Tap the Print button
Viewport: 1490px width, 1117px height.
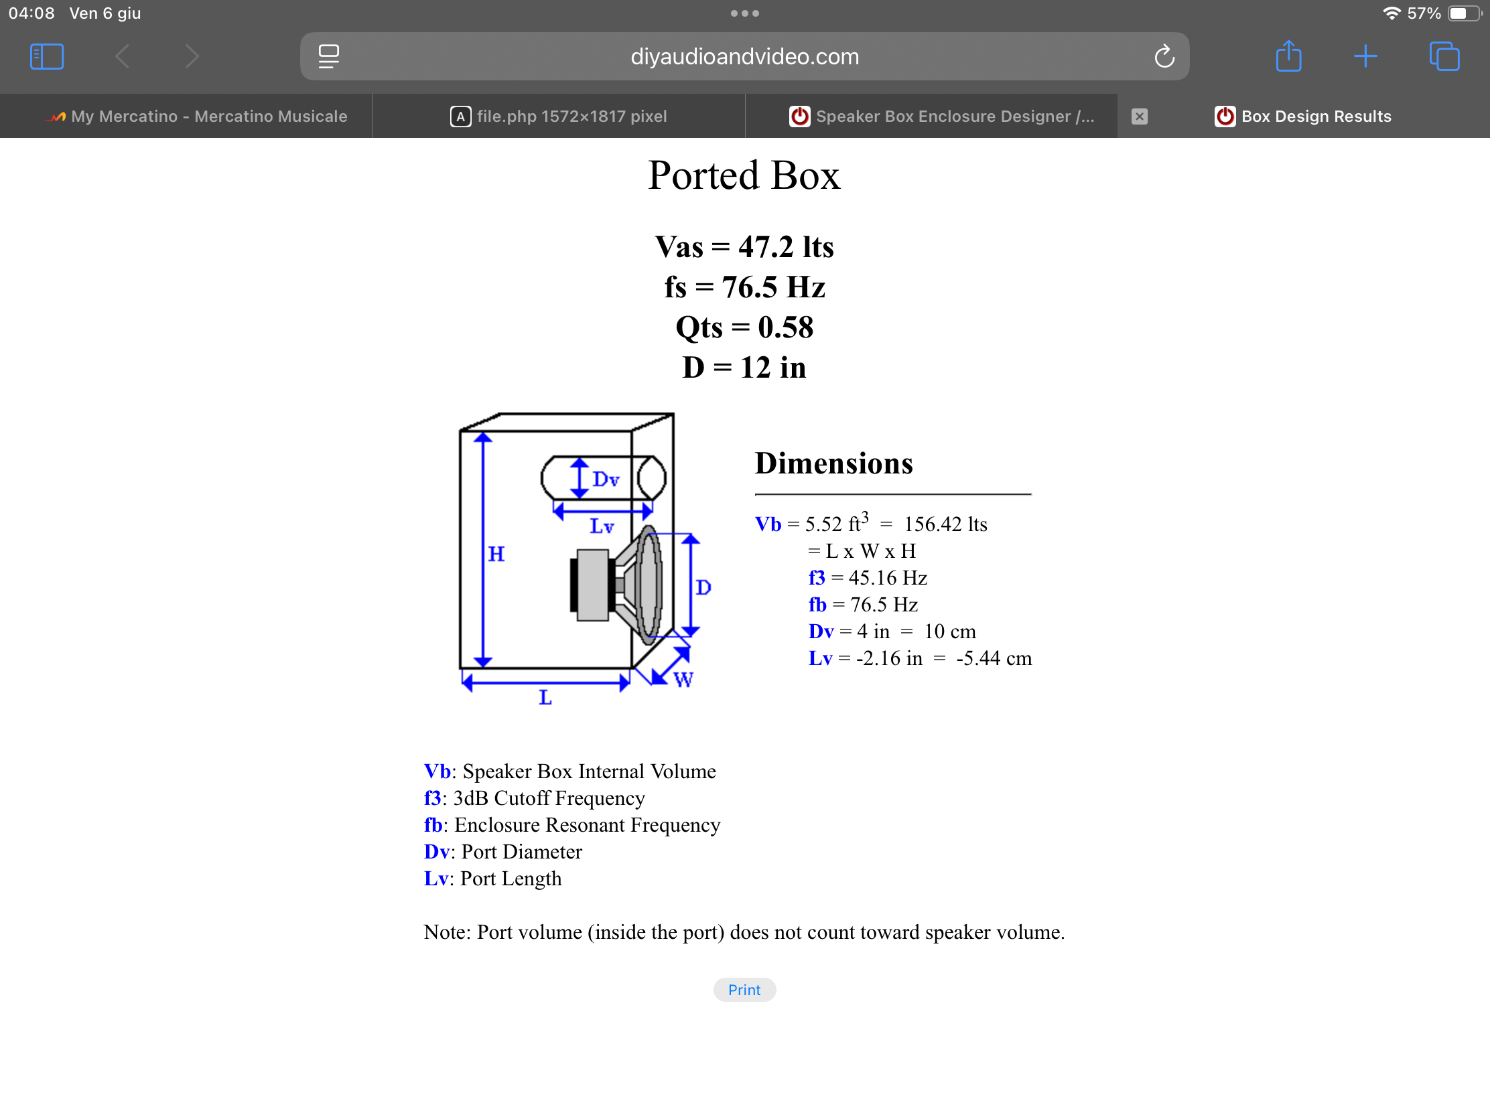(744, 990)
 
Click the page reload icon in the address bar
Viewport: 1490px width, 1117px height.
(1164, 56)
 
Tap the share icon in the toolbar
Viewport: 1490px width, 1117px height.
(1288, 56)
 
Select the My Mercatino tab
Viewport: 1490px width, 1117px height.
(196, 117)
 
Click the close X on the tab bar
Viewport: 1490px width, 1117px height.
(1139, 117)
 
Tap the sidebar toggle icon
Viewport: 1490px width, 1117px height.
(46, 56)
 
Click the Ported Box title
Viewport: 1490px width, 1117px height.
(744, 175)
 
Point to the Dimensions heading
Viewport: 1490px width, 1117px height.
(834, 463)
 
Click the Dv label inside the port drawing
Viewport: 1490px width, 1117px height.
(606, 479)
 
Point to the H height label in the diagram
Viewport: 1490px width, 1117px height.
(496, 554)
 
